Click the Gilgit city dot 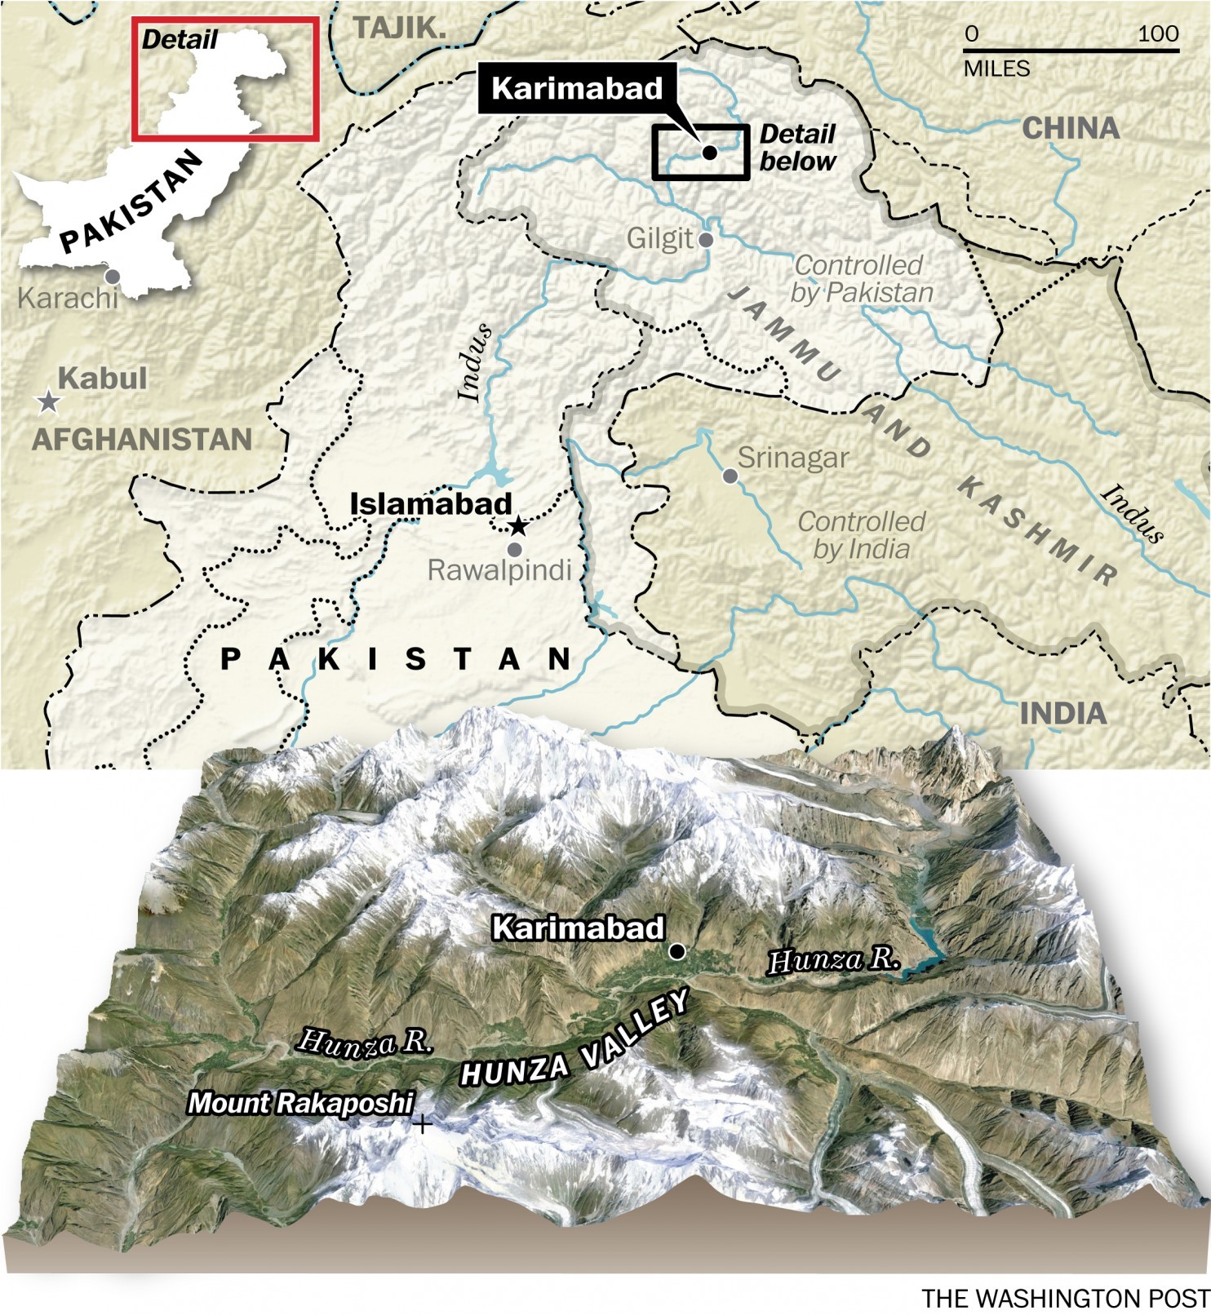point(707,240)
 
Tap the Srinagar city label point(792,458)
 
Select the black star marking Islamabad point(517,526)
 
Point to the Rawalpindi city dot point(514,550)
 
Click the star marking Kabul point(49,401)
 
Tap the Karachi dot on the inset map point(113,277)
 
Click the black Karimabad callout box point(577,88)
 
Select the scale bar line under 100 point(1071,51)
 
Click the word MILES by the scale point(996,69)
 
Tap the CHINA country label point(1071,128)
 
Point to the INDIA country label point(1062,714)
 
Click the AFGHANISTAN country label point(142,440)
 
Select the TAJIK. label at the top point(400,28)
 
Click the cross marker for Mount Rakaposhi point(422,1125)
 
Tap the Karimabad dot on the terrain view point(676,951)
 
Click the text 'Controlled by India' point(861,535)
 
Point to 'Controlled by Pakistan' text point(861,279)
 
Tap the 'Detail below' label point(797,148)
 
